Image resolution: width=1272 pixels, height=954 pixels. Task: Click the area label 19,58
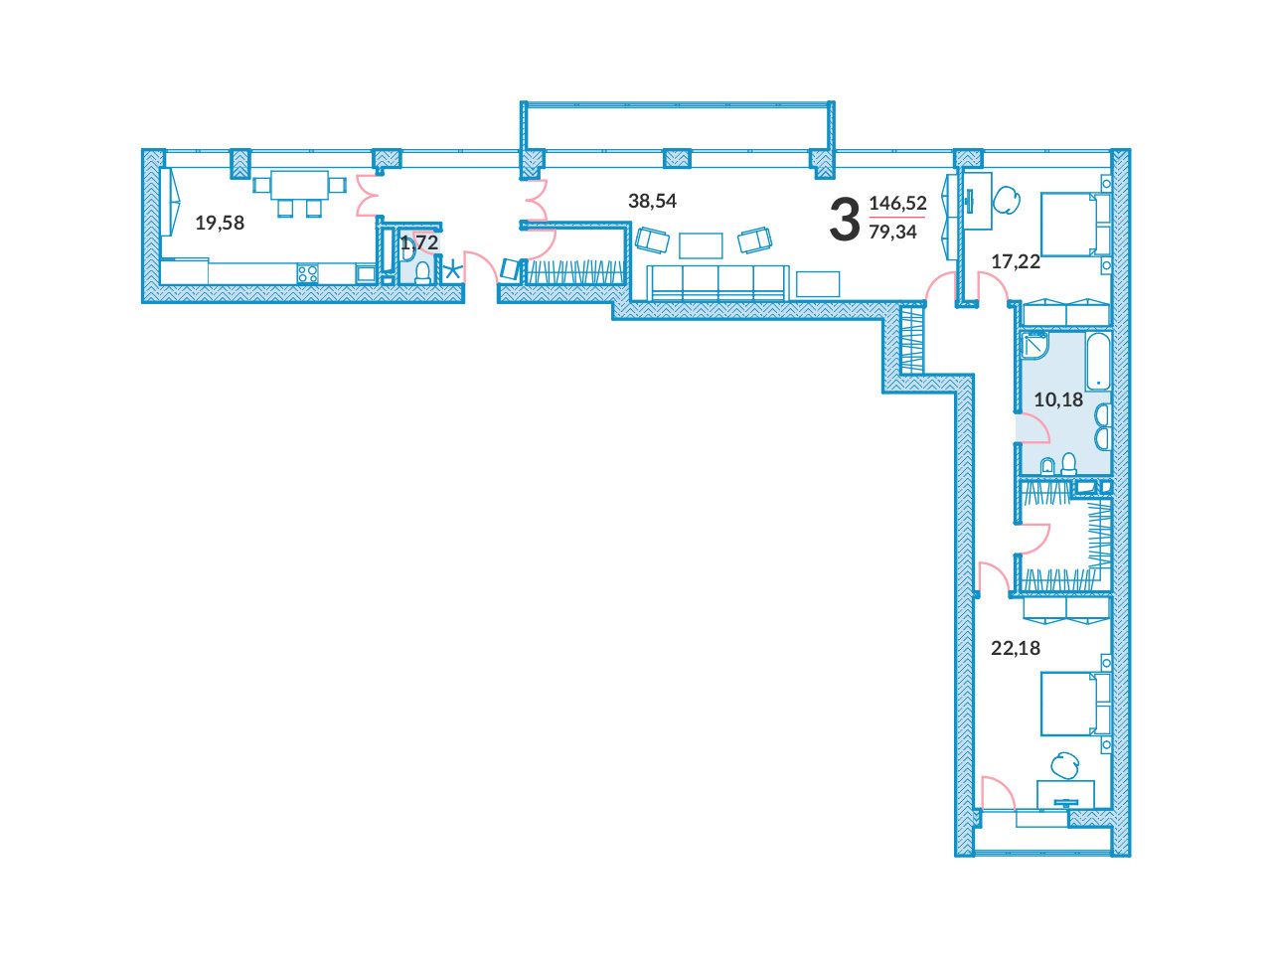[x=220, y=223]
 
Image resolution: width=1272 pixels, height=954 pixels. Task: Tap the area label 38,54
[x=652, y=201]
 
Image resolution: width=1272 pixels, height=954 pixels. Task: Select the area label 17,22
[x=1016, y=261]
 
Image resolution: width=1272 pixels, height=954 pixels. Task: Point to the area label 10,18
[x=1058, y=399]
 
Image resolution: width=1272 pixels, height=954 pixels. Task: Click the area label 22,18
[x=1016, y=648]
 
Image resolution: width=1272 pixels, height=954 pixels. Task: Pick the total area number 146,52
[x=897, y=203]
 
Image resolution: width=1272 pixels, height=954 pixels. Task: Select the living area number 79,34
[x=893, y=232]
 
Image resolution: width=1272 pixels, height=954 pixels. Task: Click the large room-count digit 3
[x=845, y=219]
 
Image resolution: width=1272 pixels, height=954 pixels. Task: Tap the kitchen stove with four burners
[x=307, y=273]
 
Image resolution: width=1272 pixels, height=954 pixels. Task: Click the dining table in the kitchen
[x=299, y=184]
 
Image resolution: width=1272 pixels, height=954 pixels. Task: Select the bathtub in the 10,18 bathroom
[x=1097, y=361]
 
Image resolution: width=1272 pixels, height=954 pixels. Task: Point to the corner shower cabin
[x=1033, y=344]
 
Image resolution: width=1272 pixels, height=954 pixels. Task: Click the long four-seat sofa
[x=717, y=282]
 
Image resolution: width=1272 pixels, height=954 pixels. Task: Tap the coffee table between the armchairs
[x=701, y=245]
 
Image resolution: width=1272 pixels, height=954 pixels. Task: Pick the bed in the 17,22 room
[x=1075, y=225]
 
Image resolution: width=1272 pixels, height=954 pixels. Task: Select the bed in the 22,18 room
[x=1075, y=704]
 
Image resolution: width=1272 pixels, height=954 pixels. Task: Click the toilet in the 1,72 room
[x=423, y=273]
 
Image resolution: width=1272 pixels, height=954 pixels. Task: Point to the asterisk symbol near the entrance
[x=453, y=271]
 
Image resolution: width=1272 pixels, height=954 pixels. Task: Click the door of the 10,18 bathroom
[x=1033, y=428]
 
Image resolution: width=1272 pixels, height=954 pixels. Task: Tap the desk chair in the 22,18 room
[x=1064, y=766]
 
